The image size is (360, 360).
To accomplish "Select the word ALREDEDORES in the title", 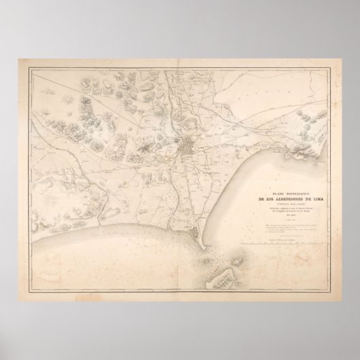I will point(288,198).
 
